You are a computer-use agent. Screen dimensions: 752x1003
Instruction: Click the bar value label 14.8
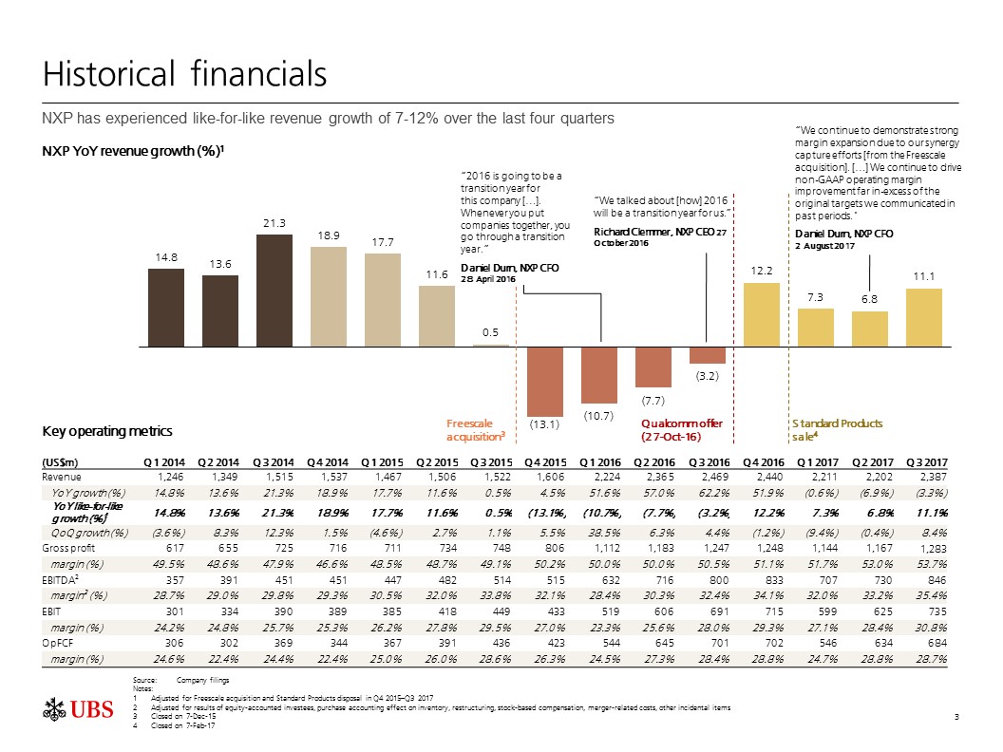tap(165, 257)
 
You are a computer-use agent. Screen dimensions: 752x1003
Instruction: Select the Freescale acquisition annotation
tap(474, 430)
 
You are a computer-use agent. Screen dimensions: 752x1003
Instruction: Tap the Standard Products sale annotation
tap(837, 430)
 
